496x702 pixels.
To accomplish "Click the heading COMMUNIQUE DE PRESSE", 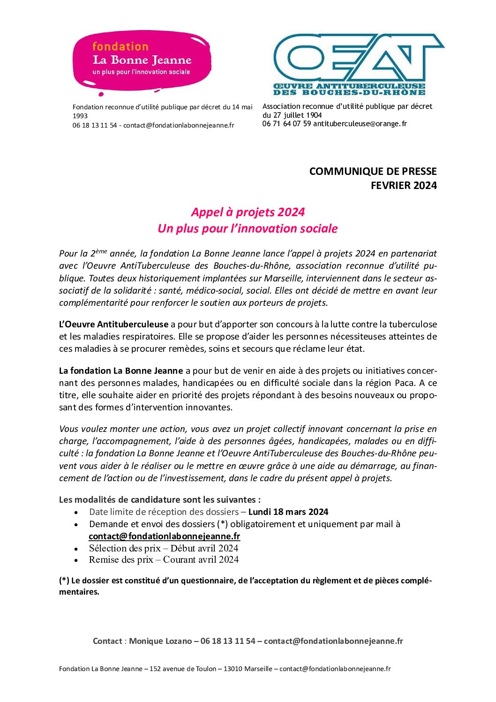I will [373, 171].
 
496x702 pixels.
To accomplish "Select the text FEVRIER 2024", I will [404, 185].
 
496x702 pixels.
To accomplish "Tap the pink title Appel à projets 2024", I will [248, 212].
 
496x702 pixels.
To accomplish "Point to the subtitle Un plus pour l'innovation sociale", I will [248, 228].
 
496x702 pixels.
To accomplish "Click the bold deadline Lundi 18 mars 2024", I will [288, 512].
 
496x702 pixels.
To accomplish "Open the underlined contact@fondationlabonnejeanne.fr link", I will [164, 536].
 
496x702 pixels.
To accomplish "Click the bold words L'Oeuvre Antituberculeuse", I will [113, 324].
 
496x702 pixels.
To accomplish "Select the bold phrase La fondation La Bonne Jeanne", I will [121, 370].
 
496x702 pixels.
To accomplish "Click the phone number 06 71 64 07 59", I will [286, 124].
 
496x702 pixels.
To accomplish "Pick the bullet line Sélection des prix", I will [163, 548].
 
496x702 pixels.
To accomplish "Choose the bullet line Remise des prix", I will [164, 559].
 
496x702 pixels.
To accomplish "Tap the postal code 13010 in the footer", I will [233, 669].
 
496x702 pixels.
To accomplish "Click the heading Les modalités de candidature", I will [159, 499].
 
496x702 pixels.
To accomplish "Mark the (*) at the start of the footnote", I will [64, 581].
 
